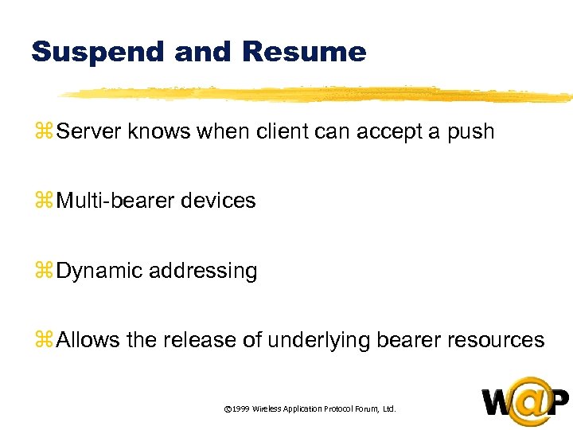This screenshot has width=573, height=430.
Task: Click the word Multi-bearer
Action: click(x=115, y=201)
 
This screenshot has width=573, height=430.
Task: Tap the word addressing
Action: click(x=203, y=272)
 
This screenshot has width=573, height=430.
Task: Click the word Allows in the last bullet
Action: click(x=88, y=341)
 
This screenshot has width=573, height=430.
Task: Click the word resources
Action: click(x=496, y=341)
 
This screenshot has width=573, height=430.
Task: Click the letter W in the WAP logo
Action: click(x=498, y=403)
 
